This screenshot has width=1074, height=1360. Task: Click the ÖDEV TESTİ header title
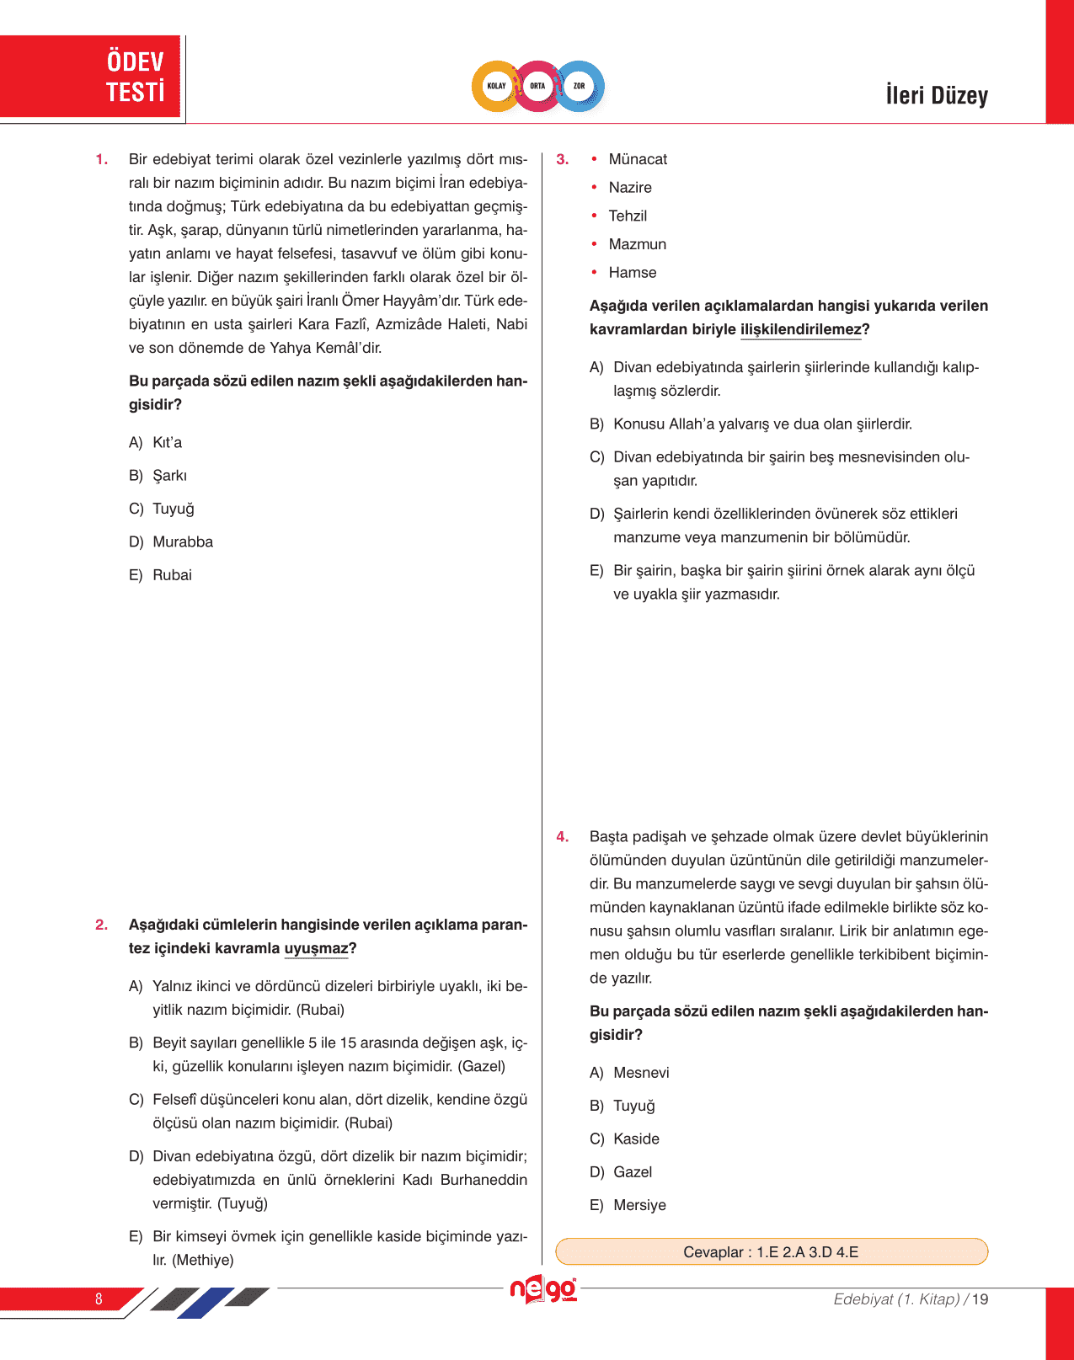coord(135,77)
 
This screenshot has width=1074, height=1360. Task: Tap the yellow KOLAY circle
coord(496,86)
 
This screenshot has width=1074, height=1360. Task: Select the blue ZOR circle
coord(580,86)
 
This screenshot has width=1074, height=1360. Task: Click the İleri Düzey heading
coord(936,95)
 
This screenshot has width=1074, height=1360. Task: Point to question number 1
coord(101,159)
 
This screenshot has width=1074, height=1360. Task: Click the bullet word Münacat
coord(638,159)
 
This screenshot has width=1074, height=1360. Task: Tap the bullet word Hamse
coord(632,273)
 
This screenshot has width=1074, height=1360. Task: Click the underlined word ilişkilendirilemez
coord(800,329)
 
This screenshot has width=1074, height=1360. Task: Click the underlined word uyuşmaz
coord(316,948)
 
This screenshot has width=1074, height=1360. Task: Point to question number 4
coord(562,837)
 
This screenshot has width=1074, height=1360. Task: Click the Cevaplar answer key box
coord(771,1252)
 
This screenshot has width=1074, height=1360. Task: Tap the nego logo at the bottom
coord(543,1289)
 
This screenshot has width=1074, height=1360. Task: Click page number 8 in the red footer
coord(99,1299)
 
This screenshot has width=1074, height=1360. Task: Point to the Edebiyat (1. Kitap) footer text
coord(896,1299)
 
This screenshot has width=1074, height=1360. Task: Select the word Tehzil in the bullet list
coord(628,216)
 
